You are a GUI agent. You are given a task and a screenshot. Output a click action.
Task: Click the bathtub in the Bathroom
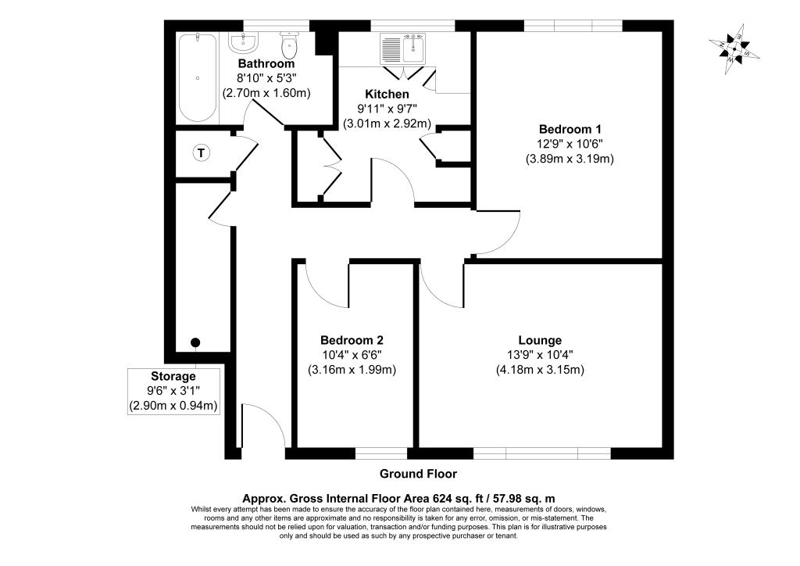point(196,77)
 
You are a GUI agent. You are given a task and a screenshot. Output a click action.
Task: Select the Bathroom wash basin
point(242,44)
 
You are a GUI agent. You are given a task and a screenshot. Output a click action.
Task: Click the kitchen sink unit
point(402,49)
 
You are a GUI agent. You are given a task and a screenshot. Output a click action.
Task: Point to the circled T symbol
point(202,152)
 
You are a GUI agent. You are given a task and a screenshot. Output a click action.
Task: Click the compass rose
point(735,50)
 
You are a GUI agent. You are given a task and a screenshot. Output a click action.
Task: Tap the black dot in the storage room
point(195,342)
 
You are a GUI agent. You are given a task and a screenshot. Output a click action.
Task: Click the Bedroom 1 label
point(570,129)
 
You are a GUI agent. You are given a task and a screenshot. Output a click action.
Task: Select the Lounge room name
point(540,340)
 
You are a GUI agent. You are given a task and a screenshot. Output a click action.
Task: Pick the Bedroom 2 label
point(352,340)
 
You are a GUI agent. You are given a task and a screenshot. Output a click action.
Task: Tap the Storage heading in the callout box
point(173,377)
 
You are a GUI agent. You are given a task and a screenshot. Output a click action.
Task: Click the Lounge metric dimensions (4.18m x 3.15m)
point(540,370)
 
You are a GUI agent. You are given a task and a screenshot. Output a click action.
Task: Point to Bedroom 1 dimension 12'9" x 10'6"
point(570,144)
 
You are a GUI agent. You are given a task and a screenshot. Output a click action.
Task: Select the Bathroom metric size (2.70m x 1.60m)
point(266,92)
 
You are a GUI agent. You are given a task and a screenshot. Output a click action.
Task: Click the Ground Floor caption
point(418,474)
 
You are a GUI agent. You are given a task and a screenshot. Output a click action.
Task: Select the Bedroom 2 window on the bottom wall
point(381,453)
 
